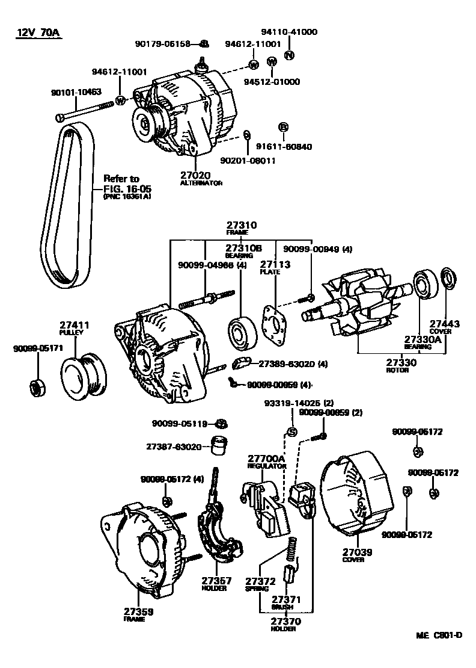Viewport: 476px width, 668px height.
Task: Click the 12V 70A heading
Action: [x=38, y=32]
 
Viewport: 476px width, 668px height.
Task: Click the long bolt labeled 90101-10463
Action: [x=84, y=111]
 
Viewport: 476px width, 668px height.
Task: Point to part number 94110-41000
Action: [x=289, y=32]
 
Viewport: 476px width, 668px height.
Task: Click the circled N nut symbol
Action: [x=289, y=56]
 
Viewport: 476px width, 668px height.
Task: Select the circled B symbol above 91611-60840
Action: [x=284, y=127]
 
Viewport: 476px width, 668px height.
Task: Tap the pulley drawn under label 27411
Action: [x=84, y=376]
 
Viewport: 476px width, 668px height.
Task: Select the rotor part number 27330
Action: [x=401, y=363]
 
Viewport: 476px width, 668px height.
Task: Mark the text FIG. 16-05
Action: [x=122, y=188]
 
